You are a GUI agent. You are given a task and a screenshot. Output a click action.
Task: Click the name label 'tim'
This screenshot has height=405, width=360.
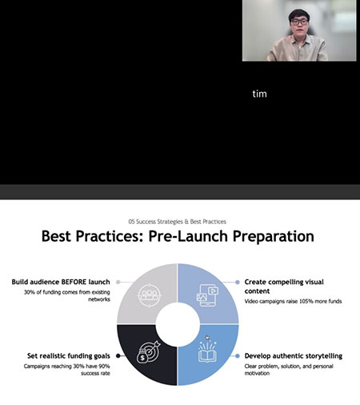(x=259, y=94)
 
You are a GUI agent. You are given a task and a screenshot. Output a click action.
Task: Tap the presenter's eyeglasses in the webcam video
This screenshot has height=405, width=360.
(x=299, y=22)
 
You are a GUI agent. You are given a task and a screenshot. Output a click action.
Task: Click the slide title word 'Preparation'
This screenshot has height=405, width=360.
(x=274, y=236)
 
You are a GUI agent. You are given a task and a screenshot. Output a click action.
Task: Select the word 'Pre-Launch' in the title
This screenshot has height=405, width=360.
(x=188, y=236)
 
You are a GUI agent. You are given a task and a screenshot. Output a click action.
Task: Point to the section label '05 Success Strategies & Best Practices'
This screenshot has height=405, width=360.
(x=178, y=222)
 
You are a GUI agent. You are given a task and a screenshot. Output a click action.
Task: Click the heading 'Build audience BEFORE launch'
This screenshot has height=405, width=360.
(x=61, y=282)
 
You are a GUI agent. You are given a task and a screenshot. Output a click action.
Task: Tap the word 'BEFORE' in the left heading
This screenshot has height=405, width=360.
(x=74, y=282)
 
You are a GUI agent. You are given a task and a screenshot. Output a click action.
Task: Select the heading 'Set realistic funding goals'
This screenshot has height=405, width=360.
(x=69, y=356)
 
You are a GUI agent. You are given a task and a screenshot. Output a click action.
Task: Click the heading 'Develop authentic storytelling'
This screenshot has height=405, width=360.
(x=294, y=356)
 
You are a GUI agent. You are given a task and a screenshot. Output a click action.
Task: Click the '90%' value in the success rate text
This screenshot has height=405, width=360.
(x=104, y=366)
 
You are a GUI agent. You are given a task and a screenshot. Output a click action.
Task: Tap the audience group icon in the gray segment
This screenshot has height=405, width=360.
(x=150, y=295)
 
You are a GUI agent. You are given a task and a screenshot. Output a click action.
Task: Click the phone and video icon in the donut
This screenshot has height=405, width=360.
(x=207, y=295)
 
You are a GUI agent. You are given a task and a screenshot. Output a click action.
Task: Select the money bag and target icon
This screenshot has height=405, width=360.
(x=149, y=352)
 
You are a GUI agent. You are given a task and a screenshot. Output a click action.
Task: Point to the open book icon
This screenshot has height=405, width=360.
(x=207, y=352)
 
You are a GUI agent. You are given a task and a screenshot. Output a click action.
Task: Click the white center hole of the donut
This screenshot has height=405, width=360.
(x=178, y=324)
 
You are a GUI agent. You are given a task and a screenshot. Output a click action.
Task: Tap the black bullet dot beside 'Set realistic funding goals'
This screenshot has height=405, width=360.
(x=118, y=356)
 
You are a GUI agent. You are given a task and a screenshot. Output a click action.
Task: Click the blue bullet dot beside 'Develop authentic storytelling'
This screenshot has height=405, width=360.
(x=238, y=356)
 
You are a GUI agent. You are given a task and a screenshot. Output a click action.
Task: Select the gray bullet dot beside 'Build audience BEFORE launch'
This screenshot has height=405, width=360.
(x=118, y=282)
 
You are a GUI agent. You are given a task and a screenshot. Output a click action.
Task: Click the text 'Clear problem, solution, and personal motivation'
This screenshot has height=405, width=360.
(x=289, y=370)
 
